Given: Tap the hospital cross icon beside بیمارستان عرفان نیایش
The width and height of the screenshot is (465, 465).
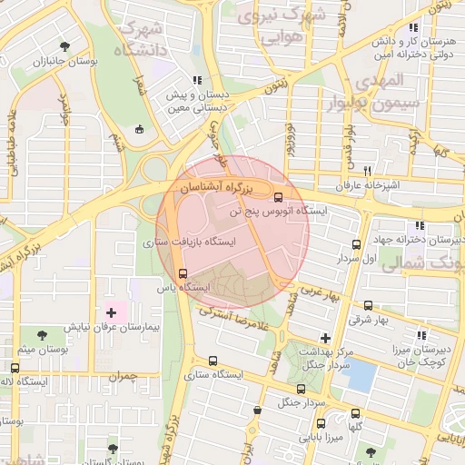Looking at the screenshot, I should [112, 312].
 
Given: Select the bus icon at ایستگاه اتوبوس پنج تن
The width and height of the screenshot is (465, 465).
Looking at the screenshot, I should [277, 196].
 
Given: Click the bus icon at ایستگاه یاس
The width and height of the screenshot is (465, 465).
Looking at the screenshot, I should [183, 273].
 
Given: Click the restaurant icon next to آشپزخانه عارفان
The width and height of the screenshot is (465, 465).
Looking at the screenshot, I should [368, 171].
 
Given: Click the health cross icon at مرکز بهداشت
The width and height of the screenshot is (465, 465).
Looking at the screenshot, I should [324, 337].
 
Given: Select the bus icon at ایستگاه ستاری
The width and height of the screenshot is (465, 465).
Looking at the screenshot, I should [213, 361].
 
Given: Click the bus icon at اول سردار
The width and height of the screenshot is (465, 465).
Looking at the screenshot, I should [356, 244].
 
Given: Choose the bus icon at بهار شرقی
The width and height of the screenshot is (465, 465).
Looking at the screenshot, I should [368, 305].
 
